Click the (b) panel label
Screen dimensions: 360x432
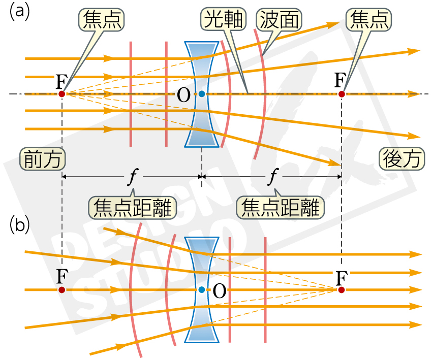pyautogui.click(x=19, y=225)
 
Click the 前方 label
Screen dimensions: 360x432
pyautogui.click(x=43, y=159)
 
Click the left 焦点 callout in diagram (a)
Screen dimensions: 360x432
pyautogui.click(x=101, y=20)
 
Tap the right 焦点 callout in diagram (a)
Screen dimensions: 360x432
pyautogui.click(x=369, y=20)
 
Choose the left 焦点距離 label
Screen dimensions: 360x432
pyautogui.click(x=133, y=206)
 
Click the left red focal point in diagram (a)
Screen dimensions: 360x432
pyautogui.click(x=61, y=94)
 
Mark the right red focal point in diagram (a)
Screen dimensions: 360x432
pyautogui.click(x=342, y=94)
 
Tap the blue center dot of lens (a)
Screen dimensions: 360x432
pyautogui.click(x=202, y=94)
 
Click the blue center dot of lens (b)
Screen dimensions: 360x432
pyautogui.click(x=202, y=290)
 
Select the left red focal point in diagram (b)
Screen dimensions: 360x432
pyautogui.click(x=61, y=290)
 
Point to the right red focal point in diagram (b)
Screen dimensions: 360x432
pyautogui.click(x=342, y=290)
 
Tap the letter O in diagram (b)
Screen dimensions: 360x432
pyautogui.click(x=219, y=290)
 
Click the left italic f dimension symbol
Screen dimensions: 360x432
pyautogui.click(x=133, y=177)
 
